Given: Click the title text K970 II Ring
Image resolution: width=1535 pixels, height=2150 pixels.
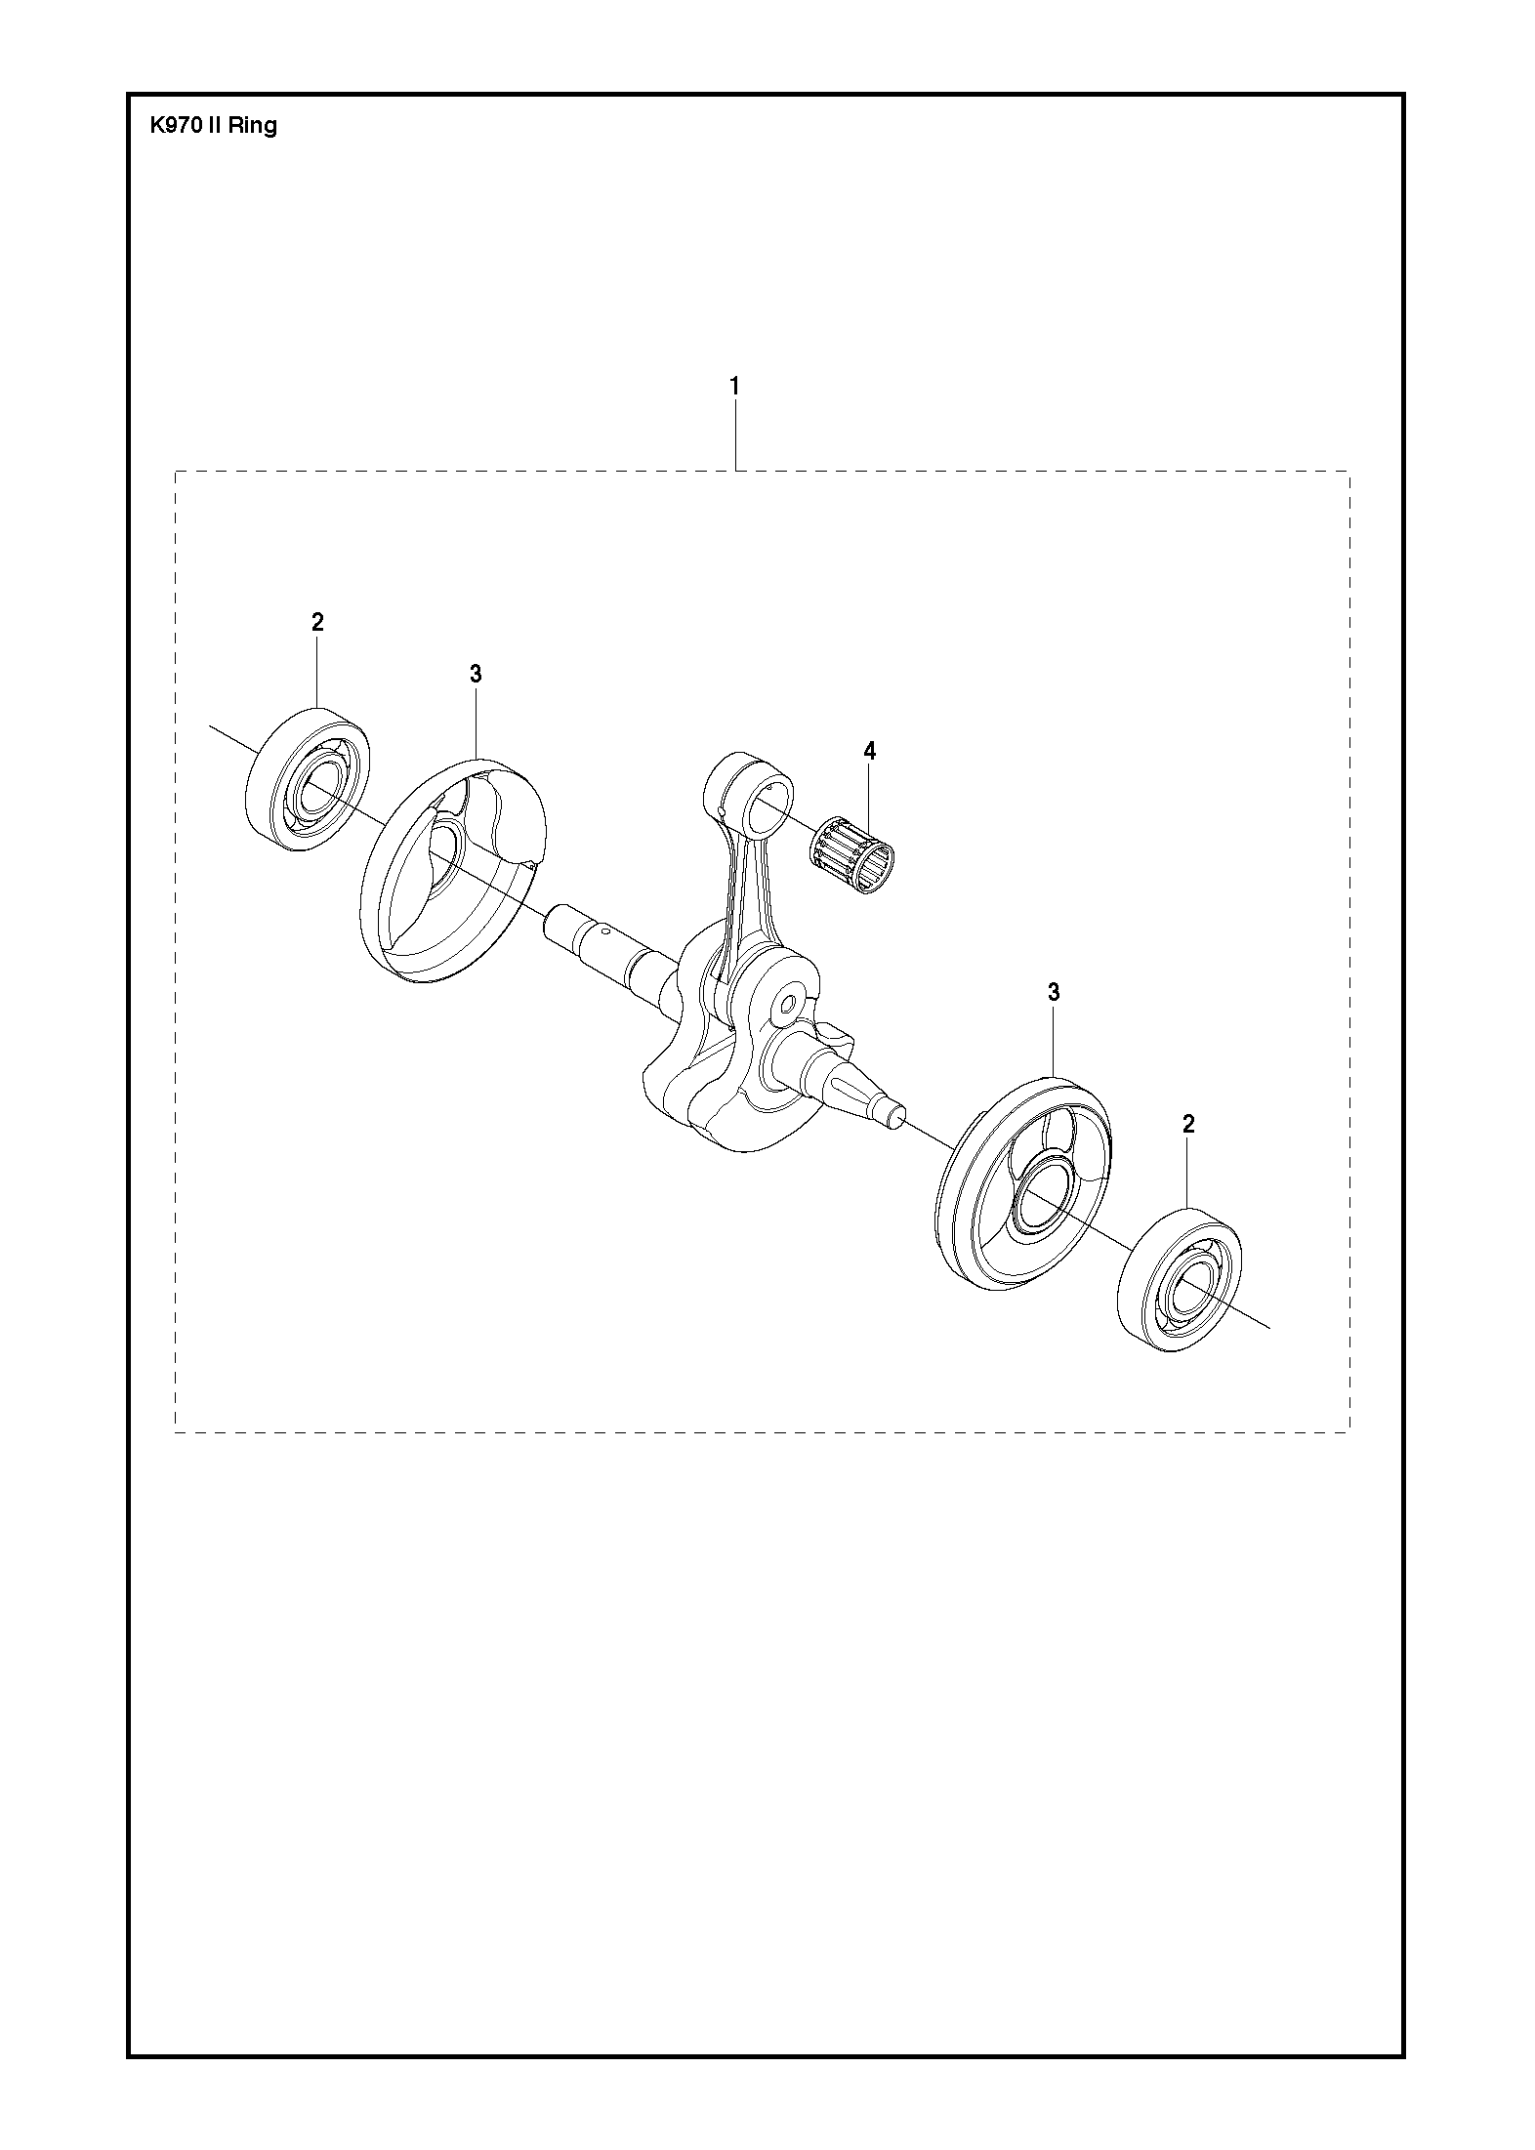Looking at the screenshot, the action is point(213,126).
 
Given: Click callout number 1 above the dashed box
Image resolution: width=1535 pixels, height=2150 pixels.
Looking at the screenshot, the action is point(734,386).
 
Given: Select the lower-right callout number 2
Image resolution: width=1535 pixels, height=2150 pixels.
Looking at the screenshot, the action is point(1188,1124).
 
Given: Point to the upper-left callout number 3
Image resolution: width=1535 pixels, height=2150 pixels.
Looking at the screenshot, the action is point(476,673).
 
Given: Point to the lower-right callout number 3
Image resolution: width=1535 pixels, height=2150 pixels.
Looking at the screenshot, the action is point(1054,992).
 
